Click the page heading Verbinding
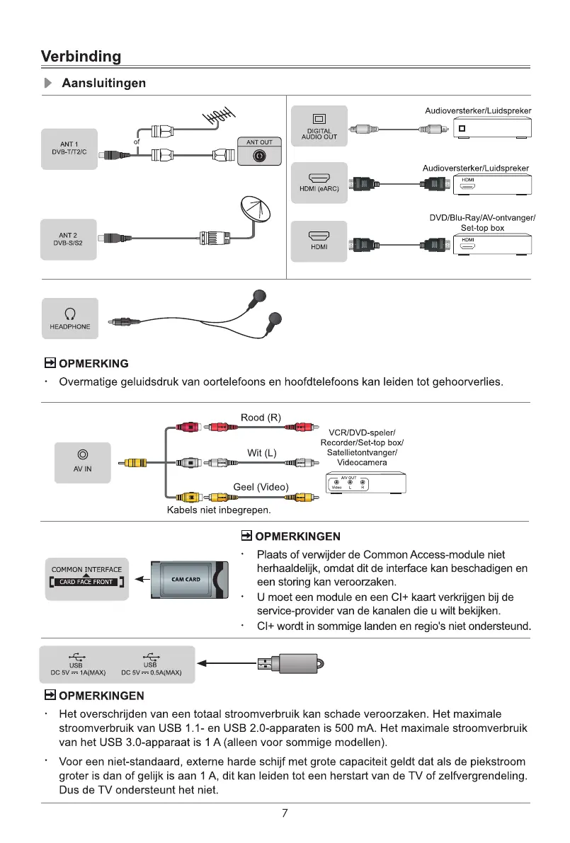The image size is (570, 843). coord(81,56)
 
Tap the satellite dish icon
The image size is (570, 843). coord(256,210)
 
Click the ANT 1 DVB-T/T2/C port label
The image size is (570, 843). coord(69,149)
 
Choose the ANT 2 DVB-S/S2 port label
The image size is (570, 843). coord(69,239)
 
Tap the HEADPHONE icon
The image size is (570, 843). coord(69,313)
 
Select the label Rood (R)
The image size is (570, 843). coord(261,417)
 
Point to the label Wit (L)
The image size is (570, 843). coord(261,453)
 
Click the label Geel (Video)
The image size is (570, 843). coord(261,486)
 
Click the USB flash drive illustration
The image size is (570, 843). coord(290,663)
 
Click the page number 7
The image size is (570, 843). coord(284,813)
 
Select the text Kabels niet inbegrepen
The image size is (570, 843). coord(219,510)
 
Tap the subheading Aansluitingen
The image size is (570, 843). coord(104,84)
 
